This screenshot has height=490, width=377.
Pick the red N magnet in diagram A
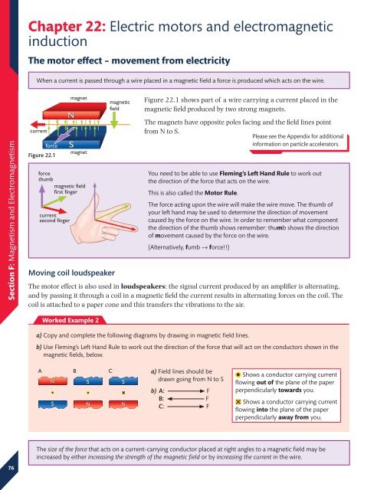point(51,380)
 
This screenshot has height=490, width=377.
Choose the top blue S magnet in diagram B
point(89,380)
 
